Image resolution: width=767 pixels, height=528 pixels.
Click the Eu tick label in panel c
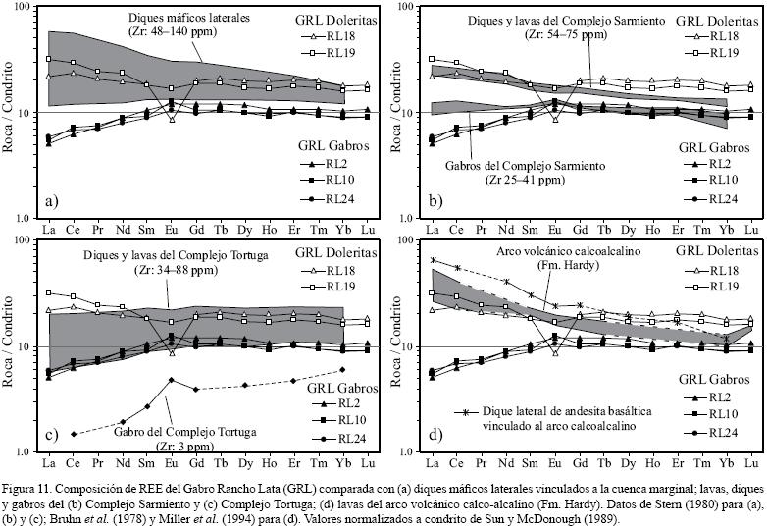point(172,463)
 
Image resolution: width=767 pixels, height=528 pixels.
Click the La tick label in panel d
point(433,463)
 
